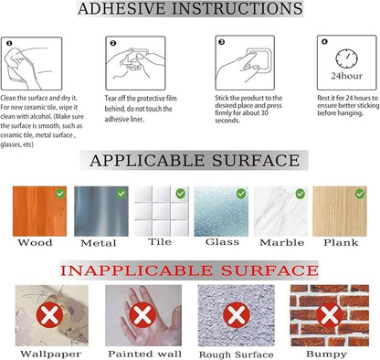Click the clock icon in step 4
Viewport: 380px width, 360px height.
[x=346, y=58]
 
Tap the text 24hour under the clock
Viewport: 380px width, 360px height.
[x=346, y=76]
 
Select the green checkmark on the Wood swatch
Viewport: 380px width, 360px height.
[x=60, y=194]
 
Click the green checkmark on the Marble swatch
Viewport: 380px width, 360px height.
[x=301, y=194]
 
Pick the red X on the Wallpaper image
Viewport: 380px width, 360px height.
[x=49, y=315]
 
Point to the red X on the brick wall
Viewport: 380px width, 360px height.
[x=330, y=315]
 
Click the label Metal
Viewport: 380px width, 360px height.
[x=99, y=243]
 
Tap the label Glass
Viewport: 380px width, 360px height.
[x=222, y=242]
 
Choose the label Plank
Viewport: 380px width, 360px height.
[x=341, y=242]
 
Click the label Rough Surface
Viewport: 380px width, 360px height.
[x=237, y=355]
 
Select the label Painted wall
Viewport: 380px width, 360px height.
[x=144, y=354]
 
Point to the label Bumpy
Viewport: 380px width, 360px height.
[x=326, y=355]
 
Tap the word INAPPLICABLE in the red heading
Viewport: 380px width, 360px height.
[x=136, y=270]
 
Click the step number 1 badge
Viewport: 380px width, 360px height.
[x=9, y=43]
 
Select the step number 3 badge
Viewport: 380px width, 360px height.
[x=222, y=42]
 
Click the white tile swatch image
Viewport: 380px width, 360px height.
[x=162, y=211]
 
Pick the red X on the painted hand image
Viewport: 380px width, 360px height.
[x=142, y=315]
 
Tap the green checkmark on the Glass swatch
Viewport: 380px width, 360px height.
[x=241, y=194]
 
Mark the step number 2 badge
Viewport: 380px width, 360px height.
[x=113, y=43]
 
